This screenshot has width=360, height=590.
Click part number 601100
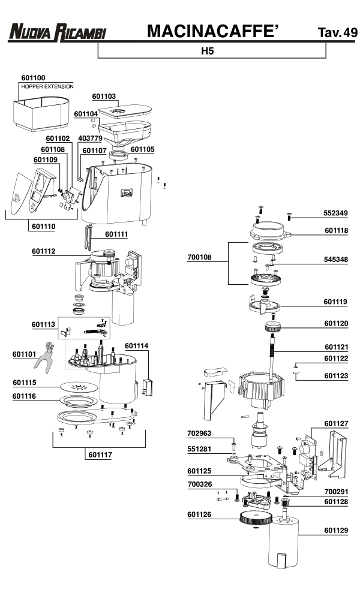(33, 78)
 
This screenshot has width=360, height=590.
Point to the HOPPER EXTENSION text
(47, 87)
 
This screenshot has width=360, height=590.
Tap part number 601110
(43, 227)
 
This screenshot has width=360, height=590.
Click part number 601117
(98, 454)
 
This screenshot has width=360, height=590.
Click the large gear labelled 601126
(258, 519)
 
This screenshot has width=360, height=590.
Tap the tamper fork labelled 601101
(42, 358)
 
